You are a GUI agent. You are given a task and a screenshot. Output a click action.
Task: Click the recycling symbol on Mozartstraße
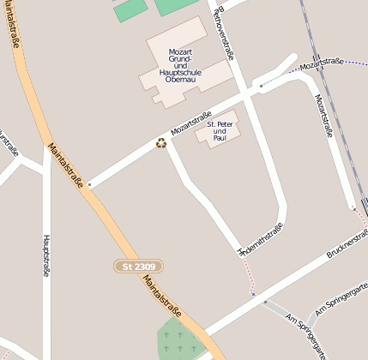[x=160, y=143]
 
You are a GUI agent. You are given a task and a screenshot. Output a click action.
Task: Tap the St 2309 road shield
[x=138, y=267]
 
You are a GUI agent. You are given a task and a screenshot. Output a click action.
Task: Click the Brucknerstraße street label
[x=347, y=244]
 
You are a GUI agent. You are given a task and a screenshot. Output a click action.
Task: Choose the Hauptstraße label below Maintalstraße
[x=46, y=255]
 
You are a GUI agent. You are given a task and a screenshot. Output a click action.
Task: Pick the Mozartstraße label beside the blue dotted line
[x=321, y=62]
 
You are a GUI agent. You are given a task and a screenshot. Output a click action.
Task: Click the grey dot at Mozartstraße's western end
[x=89, y=184]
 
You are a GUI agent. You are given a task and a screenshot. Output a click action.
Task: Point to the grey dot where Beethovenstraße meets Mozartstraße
[x=262, y=86]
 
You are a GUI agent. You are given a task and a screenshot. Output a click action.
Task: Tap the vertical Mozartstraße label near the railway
[x=324, y=115]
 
